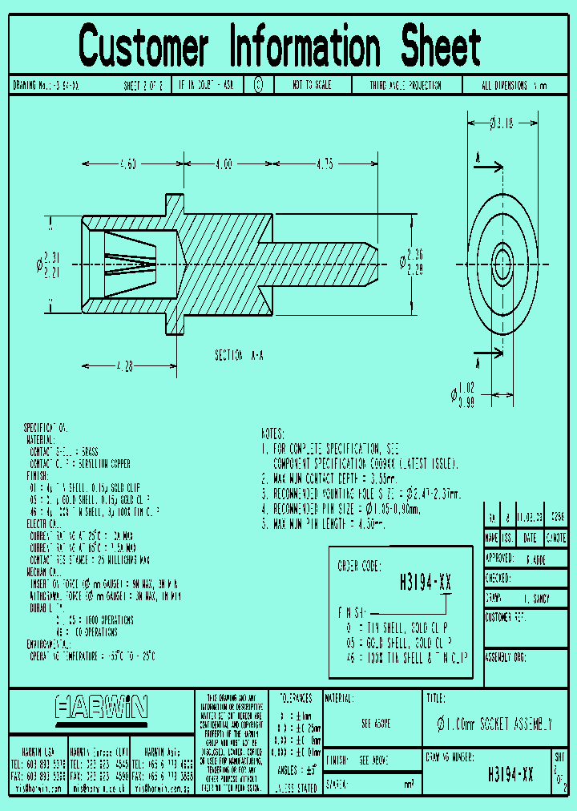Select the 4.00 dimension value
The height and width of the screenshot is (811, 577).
(x=223, y=163)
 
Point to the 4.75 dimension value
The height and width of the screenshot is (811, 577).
(x=324, y=163)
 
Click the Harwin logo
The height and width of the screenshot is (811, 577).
(x=102, y=707)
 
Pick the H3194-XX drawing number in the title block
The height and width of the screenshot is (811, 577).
(x=510, y=775)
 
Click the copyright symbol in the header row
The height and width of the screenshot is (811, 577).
(x=258, y=84)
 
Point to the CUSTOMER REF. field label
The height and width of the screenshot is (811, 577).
(x=506, y=617)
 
